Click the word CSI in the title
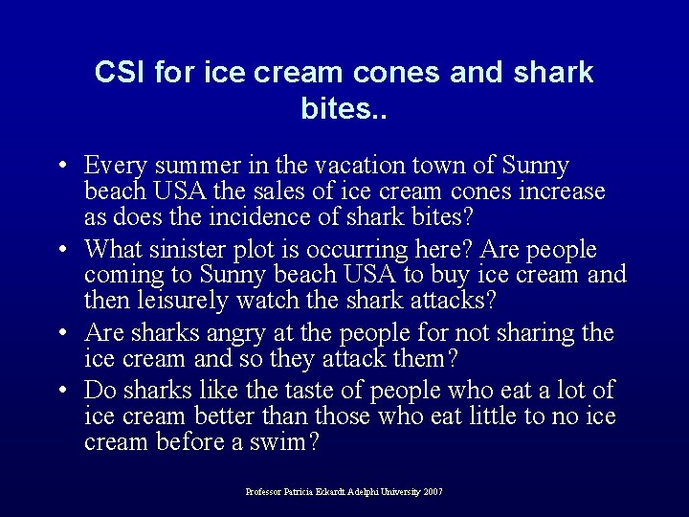[118, 73]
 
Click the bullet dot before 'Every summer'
[61, 167]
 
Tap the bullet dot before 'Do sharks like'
[61, 391]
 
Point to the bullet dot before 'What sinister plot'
[61, 251]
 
